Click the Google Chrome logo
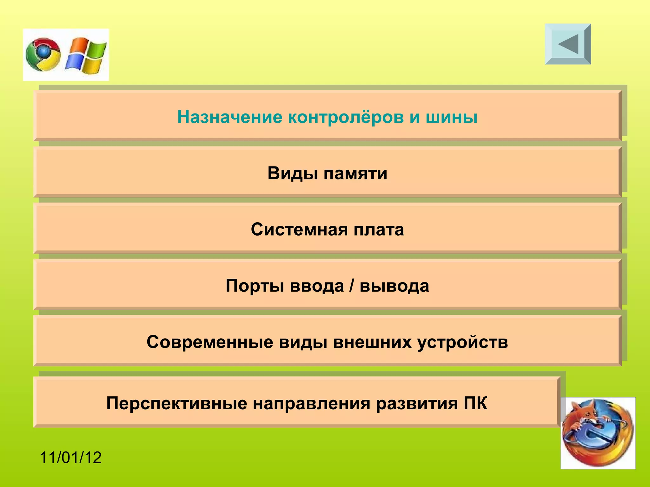(x=43, y=55)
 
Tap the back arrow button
(x=568, y=44)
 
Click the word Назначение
(x=229, y=117)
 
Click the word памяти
(x=355, y=173)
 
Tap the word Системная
(x=299, y=230)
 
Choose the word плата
(x=379, y=230)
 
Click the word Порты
(x=255, y=286)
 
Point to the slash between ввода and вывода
(x=351, y=286)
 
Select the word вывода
(x=394, y=286)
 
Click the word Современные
(x=210, y=342)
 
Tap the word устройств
(x=462, y=342)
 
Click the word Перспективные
(x=176, y=403)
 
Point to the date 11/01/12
(x=70, y=458)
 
